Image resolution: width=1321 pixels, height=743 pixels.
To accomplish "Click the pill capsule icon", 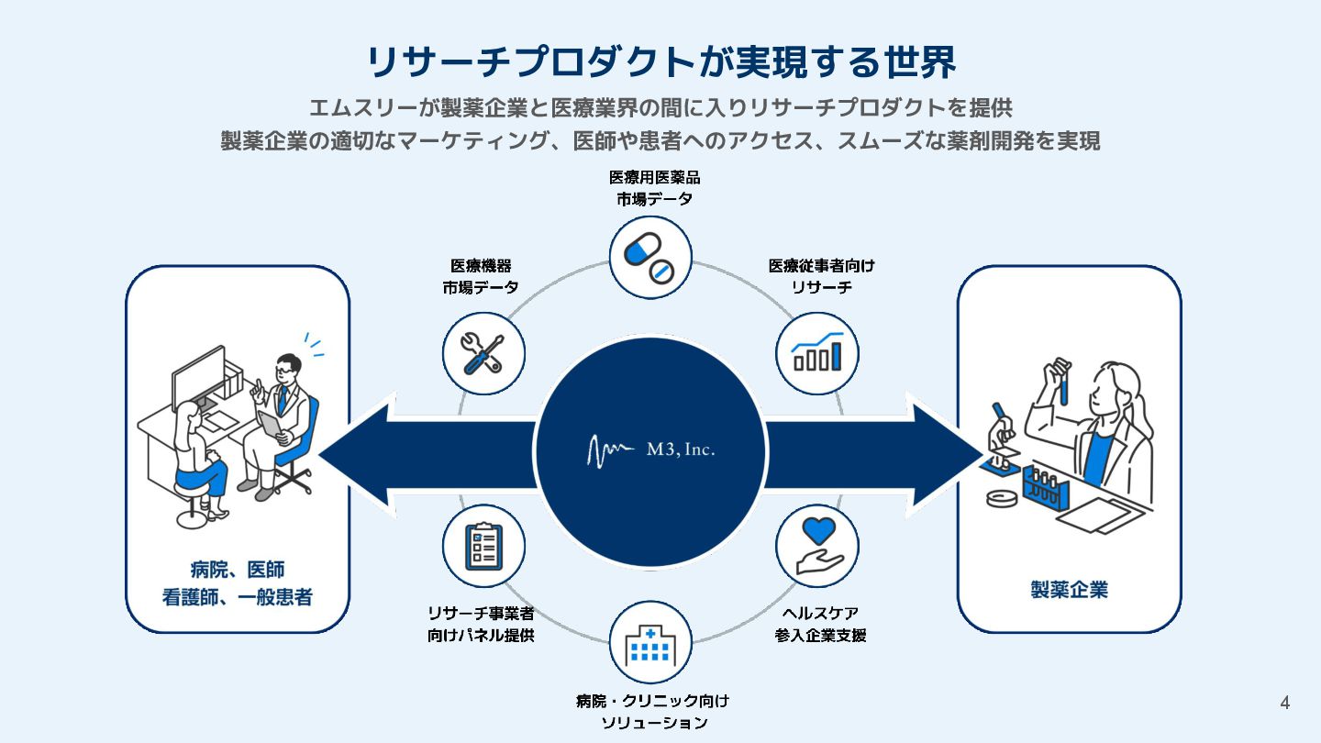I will pos(650,257).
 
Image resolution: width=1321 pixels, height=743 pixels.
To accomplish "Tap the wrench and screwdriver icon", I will pos(483,353).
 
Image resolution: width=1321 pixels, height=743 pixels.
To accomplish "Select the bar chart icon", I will pos(816,353).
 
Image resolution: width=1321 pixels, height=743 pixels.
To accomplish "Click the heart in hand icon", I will pos(816,546).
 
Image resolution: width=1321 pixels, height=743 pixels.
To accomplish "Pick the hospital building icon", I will pos(650,642).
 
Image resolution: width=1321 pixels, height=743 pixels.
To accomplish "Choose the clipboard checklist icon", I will pos(483,546).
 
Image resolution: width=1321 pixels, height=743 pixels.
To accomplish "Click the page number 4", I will pos(1284,704).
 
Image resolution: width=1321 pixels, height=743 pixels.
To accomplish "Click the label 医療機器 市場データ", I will pos(481,276).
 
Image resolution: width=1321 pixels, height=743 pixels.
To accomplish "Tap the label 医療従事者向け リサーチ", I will pos(821,276).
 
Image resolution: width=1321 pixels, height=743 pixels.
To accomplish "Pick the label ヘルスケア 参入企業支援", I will pos(820,624).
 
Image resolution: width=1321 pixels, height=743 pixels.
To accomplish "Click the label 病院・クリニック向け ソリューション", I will pos(652,712).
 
